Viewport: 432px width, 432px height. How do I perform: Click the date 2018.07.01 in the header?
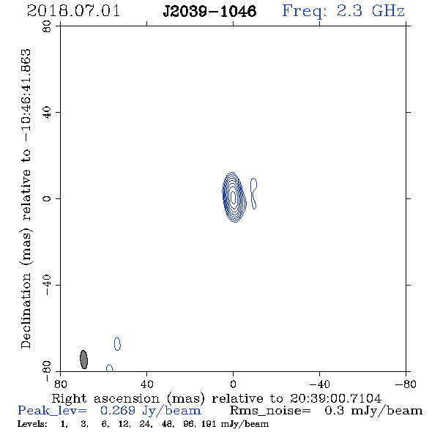(73, 11)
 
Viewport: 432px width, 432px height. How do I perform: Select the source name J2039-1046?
(209, 11)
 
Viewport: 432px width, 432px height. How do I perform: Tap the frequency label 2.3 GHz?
(370, 11)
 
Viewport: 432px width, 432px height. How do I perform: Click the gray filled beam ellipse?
(83, 360)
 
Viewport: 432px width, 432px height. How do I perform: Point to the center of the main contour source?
(234, 197)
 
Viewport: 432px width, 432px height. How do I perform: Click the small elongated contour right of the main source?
(254, 193)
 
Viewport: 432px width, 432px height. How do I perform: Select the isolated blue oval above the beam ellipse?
(117, 344)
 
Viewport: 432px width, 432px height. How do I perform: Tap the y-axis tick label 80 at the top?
(47, 26)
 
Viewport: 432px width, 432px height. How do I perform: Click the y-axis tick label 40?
(47, 113)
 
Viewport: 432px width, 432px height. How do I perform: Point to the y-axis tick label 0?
(47, 198)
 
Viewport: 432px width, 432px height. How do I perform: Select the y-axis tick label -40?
(47, 285)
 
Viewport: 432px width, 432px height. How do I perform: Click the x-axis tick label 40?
(146, 384)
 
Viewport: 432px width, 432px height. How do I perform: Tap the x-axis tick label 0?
(233, 384)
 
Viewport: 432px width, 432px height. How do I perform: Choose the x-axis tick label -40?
(319, 384)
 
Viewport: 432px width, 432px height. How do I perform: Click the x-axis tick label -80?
(406, 384)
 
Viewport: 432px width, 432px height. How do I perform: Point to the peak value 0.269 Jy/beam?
(150, 411)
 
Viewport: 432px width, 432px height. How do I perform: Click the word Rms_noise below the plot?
(270, 411)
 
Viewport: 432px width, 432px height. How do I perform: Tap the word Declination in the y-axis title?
(26, 310)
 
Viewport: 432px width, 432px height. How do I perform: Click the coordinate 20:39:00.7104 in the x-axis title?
(335, 398)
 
